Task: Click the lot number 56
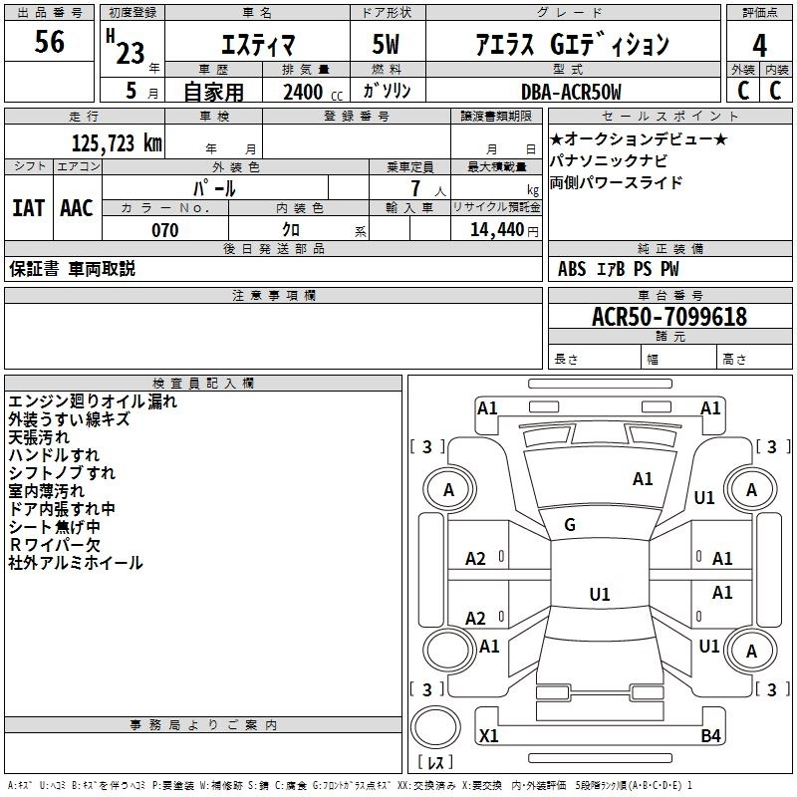(x=49, y=42)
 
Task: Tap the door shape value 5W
(x=388, y=45)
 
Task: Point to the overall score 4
(x=759, y=45)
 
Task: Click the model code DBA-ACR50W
(x=571, y=92)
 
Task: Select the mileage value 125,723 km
(x=117, y=142)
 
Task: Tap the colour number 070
(x=165, y=230)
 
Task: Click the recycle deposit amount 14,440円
(x=495, y=230)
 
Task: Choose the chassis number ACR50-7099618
(x=668, y=317)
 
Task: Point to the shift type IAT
(x=29, y=208)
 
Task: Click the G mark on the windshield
(x=570, y=525)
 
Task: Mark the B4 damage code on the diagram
(x=710, y=736)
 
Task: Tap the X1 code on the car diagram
(x=489, y=736)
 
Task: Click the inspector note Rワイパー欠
(x=55, y=545)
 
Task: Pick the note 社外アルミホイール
(x=76, y=563)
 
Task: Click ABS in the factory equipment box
(x=572, y=269)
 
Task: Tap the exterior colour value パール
(x=213, y=187)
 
